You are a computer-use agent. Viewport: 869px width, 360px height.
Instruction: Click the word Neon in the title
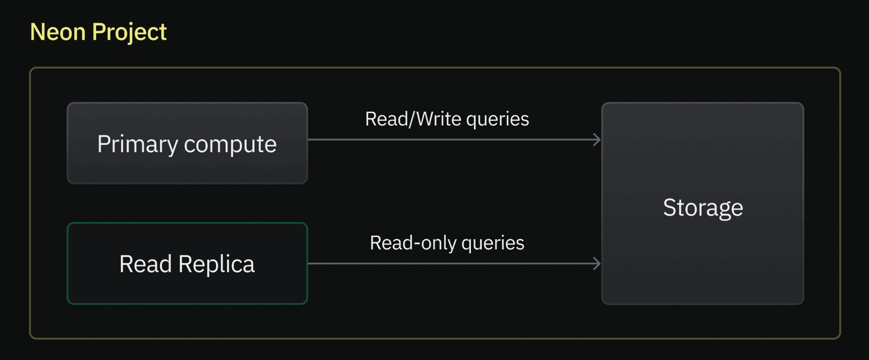pyautogui.click(x=57, y=32)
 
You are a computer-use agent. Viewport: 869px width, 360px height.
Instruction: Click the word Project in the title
pyautogui.click(x=129, y=32)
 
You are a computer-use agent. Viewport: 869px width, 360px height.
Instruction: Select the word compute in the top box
pyautogui.click(x=230, y=145)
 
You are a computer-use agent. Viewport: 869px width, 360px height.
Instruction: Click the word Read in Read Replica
pyautogui.click(x=145, y=264)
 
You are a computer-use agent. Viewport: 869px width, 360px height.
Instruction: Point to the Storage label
pyautogui.click(x=703, y=208)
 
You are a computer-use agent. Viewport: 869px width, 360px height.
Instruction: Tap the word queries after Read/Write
pyautogui.click(x=497, y=120)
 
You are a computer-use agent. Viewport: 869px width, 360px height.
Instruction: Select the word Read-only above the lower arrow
pyautogui.click(x=413, y=243)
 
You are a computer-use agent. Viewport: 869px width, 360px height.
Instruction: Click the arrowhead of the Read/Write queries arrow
pyautogui.click(x=597, y=139)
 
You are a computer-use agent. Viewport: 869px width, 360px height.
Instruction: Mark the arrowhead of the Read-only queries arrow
pyautogui.click(x=597, y=264)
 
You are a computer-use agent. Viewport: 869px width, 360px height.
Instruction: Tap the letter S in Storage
pyautogui.click(x=669, y=208)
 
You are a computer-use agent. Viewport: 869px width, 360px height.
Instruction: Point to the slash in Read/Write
pyautogui.click(x=411, y=120)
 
